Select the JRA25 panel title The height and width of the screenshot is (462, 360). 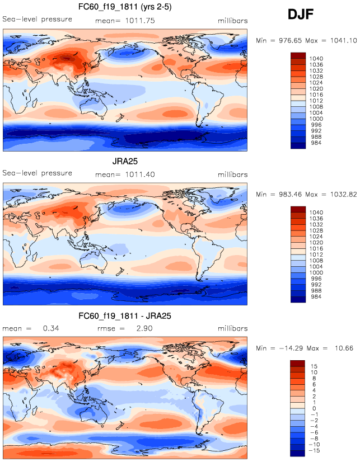[x=124, y=162]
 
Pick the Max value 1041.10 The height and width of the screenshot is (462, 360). [x=343, y=41]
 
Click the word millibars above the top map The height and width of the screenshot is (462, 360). [x=232, y=21]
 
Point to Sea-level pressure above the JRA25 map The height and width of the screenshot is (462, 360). [x=38, y=173]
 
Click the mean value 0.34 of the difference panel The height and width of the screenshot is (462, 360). [x=50, y=328]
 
